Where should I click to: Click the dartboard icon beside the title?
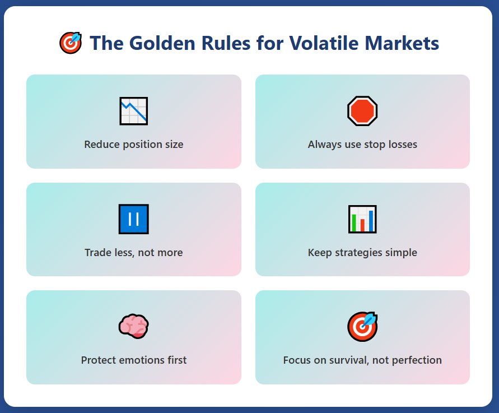(71, 43)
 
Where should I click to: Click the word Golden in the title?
(162, 43)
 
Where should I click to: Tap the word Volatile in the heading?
(324, 43)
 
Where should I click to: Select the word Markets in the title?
(402, 43)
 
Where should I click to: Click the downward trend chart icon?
(134, 111)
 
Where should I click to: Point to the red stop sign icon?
(362, 111)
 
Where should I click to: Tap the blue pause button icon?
(134, 219)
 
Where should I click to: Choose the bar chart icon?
(362, 219)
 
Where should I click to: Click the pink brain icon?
(134, 326)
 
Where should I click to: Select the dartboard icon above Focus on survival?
(362, 326)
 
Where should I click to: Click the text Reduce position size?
(134, 145)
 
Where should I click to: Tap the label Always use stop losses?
(362, 145)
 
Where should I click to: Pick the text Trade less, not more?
(134, 253)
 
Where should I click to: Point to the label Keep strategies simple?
(362, 253)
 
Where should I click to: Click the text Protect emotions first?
(134, 360)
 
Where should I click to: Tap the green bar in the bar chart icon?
(354, 222)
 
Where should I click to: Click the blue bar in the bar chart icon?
(371, 221)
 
